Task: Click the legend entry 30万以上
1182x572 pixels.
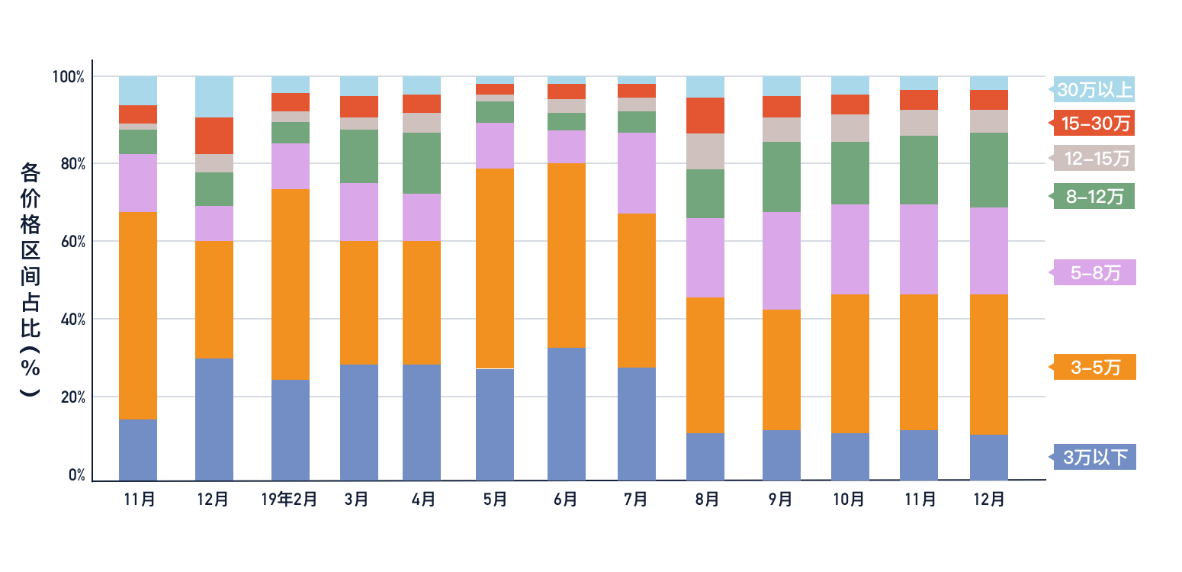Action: click(1094, 90)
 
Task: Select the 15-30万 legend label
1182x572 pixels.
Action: click(1094, 122)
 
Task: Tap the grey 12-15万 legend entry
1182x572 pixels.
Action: click(1094, 158)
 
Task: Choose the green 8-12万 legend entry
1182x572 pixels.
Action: click(1094, 196)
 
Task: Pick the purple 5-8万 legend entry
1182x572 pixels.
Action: click(1094, 272)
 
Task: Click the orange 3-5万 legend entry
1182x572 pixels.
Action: click(1094, 367)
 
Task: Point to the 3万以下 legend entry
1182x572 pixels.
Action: click(1094, 457)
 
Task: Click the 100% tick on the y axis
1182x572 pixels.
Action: click(68, 77)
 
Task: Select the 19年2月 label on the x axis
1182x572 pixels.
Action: click(289, 500)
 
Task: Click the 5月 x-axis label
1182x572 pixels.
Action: click(495, 500)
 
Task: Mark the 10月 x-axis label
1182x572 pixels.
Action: click(849, 500)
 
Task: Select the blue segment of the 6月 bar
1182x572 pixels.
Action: click(567, 414)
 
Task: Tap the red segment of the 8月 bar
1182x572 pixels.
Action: click(705, 115)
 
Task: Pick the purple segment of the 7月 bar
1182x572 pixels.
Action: click(637, 173)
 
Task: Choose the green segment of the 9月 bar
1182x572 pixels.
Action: click(782, 177)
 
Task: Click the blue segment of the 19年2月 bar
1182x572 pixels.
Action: click(291, 430)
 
